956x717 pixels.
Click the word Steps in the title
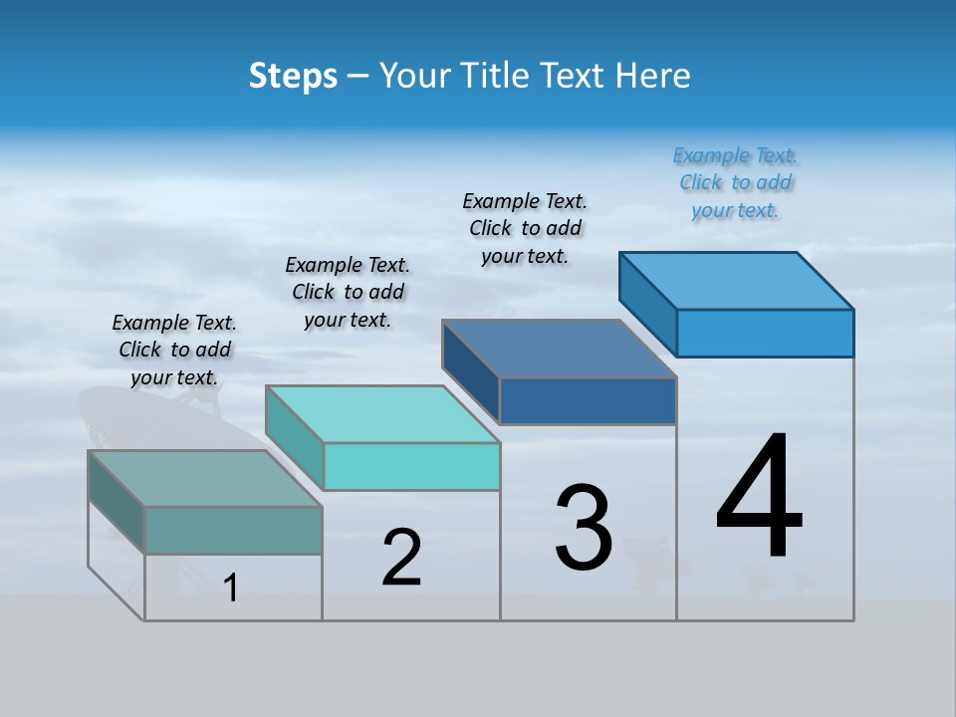293,77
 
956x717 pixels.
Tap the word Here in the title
653,77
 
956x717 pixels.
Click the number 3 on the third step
584,528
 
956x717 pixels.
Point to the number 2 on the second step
401,557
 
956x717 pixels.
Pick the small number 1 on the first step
231,588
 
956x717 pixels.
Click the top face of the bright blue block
737,281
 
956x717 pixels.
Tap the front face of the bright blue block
765,333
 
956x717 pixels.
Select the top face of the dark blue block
560,349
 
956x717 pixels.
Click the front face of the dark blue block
588,400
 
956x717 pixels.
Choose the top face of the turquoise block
382,414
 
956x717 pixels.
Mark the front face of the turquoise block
411,466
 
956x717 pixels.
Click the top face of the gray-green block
205,478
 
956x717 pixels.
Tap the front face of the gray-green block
233,530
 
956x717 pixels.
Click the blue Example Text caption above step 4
736,183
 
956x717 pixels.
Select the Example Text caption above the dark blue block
526,228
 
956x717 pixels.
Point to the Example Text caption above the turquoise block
348,292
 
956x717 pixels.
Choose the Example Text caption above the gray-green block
174,350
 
